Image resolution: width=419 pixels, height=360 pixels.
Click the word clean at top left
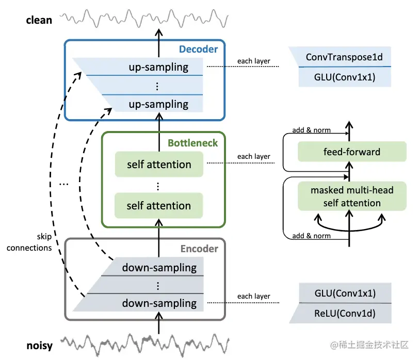tap(39, 20)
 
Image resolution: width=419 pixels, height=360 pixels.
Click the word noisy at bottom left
tap(39, 345)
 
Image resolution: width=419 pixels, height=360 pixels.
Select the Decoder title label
tap(198, 50)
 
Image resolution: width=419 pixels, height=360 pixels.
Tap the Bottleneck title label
tap(192, 142)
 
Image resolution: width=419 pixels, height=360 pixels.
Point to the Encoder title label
tap(199, 249)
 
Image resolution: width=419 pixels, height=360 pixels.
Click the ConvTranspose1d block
tap(344, 57)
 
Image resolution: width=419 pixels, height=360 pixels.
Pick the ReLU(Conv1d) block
tap(344, 313)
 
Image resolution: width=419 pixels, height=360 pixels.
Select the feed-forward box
tap(352, 152)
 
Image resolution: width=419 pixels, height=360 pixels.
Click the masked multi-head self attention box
tap(352, 197)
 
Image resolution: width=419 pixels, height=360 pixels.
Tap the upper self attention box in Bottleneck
tap(159, 165)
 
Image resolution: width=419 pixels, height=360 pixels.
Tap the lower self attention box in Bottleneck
tap(159, 206)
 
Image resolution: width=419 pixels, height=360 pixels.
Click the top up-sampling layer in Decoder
tap(158, 67)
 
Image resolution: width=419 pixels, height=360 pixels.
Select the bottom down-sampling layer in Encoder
tap(159, 303)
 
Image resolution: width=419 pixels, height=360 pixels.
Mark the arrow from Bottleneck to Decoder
tap(159, 124)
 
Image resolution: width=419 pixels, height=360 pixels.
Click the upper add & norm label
tap(312, 130)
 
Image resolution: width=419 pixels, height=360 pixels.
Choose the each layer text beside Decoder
tap(254, 61)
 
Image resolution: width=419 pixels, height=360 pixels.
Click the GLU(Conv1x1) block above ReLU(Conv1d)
tap(344, 293)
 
